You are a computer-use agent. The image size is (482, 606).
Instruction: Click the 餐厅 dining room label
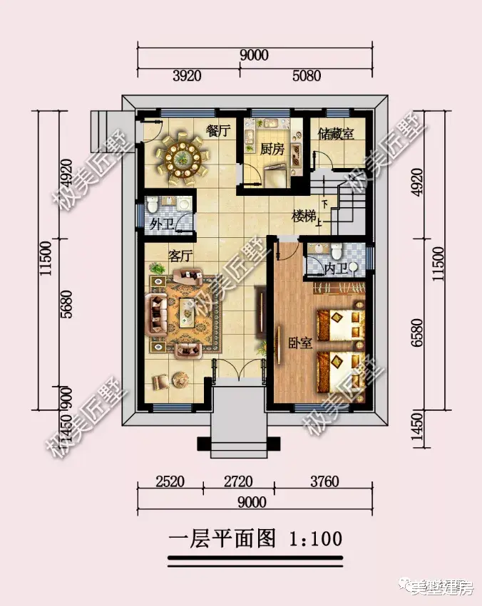click(x=217, y=131)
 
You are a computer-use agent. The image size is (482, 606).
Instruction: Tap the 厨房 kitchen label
click(x=272, y=150)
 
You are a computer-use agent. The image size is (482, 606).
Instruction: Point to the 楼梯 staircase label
click(x=304, y=216)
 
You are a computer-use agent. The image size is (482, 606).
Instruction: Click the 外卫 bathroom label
click(x=162, y=224)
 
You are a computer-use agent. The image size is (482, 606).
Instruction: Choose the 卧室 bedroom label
click(x=301, y=343)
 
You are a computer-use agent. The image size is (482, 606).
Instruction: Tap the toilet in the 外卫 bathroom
click(x=153, y=206)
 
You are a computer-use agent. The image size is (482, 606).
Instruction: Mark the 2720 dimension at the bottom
click(x=237, y=482)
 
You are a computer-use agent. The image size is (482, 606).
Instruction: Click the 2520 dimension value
click(x=169, y=482)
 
